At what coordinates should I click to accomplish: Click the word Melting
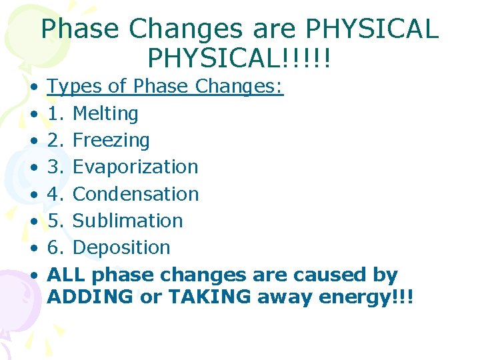coord(105,114)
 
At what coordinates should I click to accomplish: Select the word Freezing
coord(111,141)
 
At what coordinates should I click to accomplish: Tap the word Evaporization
coord(135,167)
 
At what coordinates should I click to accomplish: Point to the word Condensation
coord(135,194)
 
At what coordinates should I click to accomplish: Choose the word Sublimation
coord(127,221)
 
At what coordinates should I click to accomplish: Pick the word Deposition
coord(121,247)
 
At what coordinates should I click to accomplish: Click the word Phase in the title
coord(79,29)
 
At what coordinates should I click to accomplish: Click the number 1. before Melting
coord(57,114)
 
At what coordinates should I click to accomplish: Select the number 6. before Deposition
coord(57,247)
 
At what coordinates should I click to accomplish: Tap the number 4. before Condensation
coord(57,194)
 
